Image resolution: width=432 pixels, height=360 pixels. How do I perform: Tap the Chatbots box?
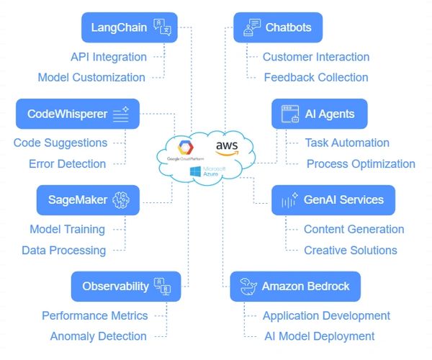[278, 28]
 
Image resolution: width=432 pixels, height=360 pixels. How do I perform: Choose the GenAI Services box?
[333, 199]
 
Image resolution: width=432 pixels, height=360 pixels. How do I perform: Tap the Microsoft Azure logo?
[207, 171]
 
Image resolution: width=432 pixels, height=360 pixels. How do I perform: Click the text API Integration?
[109, 57]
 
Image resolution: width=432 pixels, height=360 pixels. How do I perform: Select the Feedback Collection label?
[316, 77]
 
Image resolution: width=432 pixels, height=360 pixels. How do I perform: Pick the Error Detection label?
[68, 163]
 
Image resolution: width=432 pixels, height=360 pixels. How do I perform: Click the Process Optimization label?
[361, 163]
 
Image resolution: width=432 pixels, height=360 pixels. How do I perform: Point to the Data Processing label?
[63, 250]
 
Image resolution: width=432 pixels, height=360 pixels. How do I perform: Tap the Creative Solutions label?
[350, 250]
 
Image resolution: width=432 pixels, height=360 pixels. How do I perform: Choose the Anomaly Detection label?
[98, 336]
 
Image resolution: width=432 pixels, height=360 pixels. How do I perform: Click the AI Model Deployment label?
[318, 336]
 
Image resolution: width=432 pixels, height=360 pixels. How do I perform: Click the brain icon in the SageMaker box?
[120, 199]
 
